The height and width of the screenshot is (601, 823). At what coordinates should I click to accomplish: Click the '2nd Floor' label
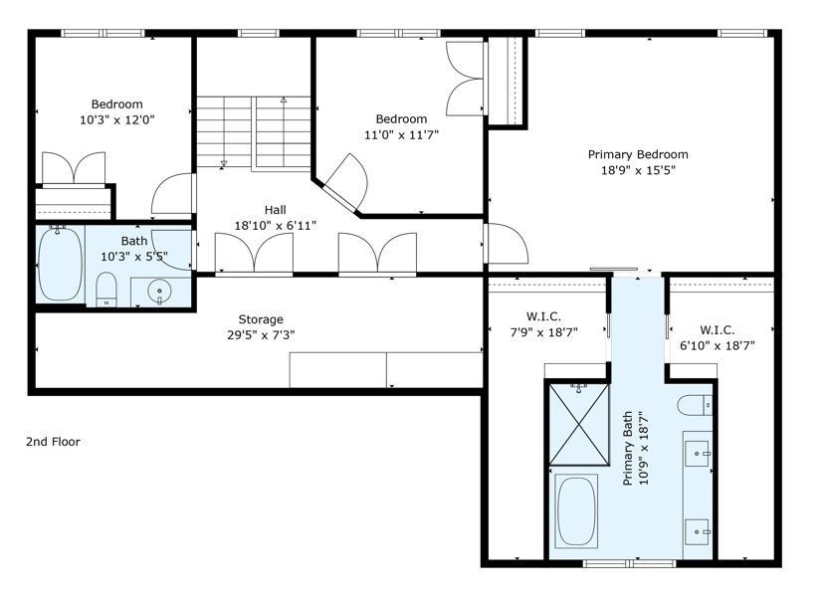pyautogui.click(x=53, y=442)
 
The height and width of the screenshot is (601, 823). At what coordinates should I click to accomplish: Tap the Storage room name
pyautogui.click(x=261, y=319)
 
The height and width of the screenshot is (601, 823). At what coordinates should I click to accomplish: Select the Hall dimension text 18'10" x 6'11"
pyautogui.click(x=275, y=226)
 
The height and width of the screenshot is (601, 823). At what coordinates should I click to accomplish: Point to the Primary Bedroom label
pyautogui.click(x=638, y=154)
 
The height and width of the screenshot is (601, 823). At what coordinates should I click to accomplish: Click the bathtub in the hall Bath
pyautogui.click(x=60, y=264)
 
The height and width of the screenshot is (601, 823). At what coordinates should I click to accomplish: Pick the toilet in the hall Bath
pyautogui.click(x=106, y=289)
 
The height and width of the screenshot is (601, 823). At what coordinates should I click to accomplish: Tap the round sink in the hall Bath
pyautogui.click(x=159, y=291)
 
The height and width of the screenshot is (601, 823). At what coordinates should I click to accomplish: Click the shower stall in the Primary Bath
pyautogui.click(x=579, y=424)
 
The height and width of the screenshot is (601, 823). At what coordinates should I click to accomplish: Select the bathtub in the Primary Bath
pyautogui.click(x=576, y=511)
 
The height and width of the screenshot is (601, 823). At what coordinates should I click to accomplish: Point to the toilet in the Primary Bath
pyautogui.click(x=695, y=405)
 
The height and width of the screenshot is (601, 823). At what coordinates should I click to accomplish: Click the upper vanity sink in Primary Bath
pyautogui.click(x=698, y=453)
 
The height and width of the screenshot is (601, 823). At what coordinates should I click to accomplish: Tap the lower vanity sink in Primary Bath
pyautogui.click(x=698, y=531)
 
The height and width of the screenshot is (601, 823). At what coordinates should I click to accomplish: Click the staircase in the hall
pyautogui.click(x=254, y=132)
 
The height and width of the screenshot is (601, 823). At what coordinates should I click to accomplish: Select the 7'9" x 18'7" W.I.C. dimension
pyautogui.click(x=543, y=332)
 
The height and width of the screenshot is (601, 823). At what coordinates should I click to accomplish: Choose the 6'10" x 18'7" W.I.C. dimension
pyautogui.click(x=717, y=345)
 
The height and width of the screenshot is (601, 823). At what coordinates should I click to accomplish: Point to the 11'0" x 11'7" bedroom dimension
pyautogui.click(x=401, y=135)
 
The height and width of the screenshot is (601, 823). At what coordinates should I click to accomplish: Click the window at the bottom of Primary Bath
pyautogui.click(x=629, y=564)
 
